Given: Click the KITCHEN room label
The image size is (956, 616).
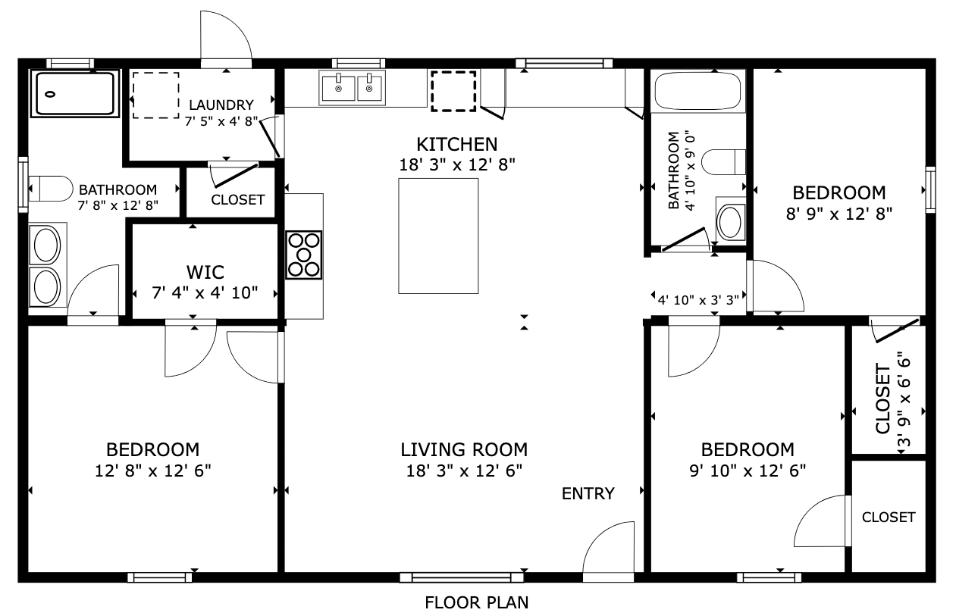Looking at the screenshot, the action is (457, 145).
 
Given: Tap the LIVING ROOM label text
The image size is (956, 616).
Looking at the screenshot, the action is (464, 449).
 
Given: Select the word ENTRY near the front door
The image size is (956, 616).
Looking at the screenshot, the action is (588, 493).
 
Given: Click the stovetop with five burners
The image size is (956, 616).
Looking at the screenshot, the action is (303, 255).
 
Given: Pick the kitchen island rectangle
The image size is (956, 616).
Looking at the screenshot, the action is (438, 236).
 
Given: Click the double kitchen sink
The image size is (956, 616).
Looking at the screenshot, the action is (352, 89).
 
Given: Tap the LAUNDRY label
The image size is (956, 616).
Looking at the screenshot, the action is (221, 105).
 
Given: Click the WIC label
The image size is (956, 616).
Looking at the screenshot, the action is (205, 272).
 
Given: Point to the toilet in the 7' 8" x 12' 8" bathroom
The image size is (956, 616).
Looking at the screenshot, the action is (51, 188).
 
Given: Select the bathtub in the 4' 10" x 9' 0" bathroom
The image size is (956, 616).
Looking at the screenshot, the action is (697, 91).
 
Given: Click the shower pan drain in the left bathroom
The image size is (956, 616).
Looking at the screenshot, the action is (50, 94).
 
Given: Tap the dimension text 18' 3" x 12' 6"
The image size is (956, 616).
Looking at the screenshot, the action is (464, 471).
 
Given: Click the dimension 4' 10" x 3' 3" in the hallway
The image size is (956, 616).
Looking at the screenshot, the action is (699, 300).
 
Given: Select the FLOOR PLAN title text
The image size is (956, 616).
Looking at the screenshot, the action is (477, 603).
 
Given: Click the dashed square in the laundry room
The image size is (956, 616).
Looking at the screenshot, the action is (155, 95).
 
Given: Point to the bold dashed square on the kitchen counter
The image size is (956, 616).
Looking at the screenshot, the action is (453, 91).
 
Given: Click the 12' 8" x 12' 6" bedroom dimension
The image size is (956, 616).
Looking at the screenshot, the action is (153, 471).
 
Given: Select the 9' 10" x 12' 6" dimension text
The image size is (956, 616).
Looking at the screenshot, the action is (748, 471).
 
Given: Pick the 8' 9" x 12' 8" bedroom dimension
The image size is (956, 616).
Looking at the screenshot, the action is (839, 214).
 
